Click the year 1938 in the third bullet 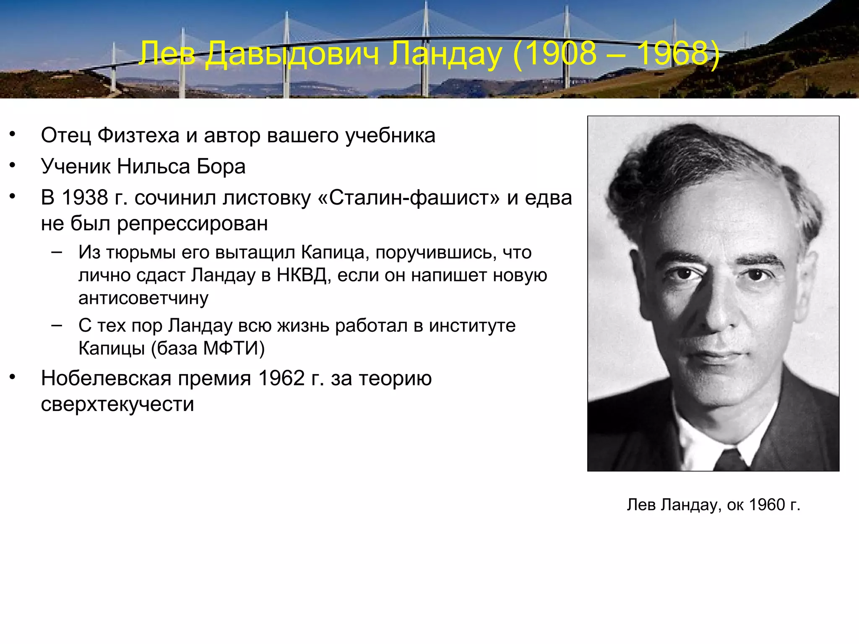tap(85, 197)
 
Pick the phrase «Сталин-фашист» tap(409, 197)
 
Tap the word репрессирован tap(192, 223)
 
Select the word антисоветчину tap(143, 298)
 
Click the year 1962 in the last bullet tap(281, 378)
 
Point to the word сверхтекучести tap(117, 404)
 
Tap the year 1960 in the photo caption tap(767, 505)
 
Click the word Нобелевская tap(106, 378)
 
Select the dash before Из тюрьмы tap(57, 252)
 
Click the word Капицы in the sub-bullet tap(111, 348)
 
